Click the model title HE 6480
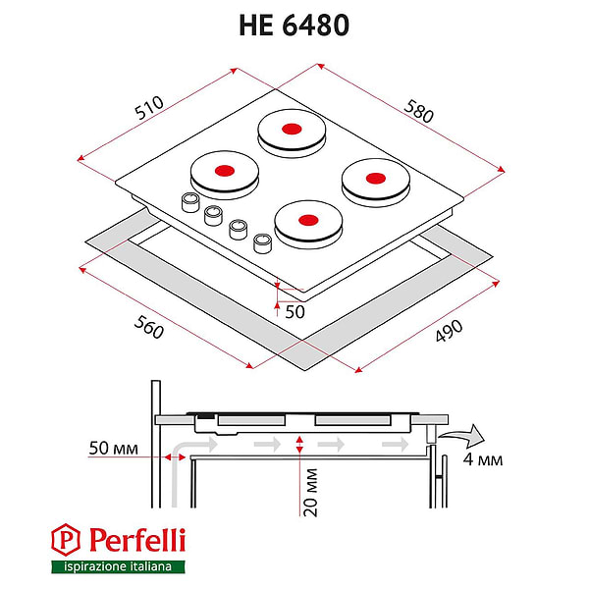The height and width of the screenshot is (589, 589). (294, 26)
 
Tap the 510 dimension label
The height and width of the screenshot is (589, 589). (149, 107)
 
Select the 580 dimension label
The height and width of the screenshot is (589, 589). (418, 111)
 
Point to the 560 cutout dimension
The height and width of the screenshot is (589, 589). (149, 327)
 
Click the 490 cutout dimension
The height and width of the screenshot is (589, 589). (449, 331)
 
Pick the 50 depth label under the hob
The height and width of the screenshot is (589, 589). (294, 312)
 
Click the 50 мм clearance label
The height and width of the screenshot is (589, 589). (114, 449)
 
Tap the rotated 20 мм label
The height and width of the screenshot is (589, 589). (310, 493)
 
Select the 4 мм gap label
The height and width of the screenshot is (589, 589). (483, 459)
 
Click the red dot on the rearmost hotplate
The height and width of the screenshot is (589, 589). (292, 129)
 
